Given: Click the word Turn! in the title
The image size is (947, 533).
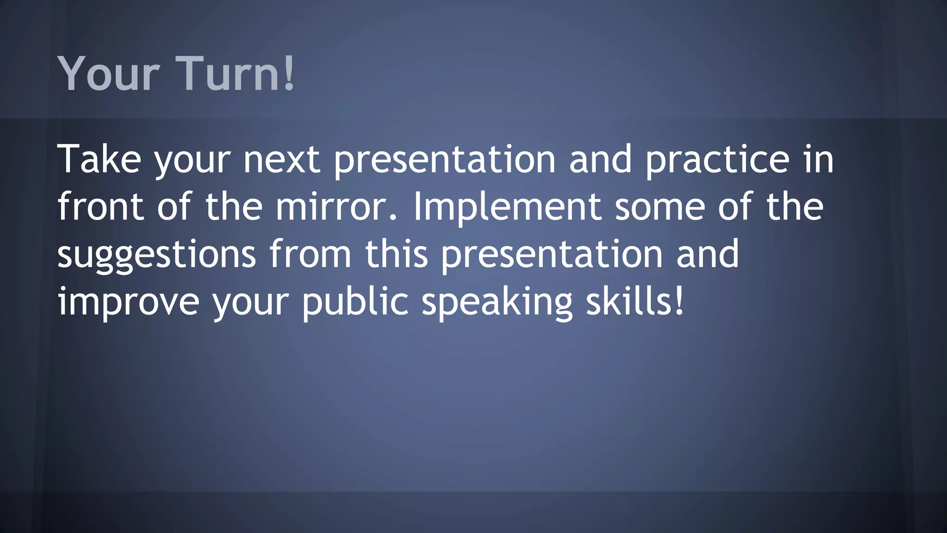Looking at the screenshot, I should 236,73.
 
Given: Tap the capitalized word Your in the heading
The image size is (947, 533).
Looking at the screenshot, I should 109,73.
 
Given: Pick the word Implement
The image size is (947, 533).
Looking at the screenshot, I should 507,206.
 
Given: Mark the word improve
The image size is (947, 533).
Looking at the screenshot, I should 128,302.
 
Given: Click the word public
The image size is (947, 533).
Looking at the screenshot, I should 355,302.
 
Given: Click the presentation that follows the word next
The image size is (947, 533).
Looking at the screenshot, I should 444,160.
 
